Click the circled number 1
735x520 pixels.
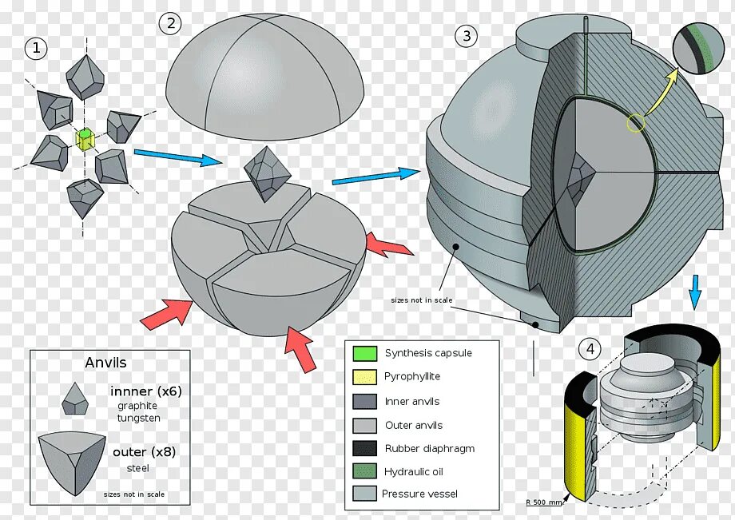35,49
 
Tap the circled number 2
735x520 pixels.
169,23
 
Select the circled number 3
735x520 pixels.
467,35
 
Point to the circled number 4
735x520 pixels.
590,349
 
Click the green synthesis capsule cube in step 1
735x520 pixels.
84,138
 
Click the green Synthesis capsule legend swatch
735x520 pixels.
364,353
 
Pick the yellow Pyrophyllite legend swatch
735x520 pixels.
364,377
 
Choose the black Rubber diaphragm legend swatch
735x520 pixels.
364,448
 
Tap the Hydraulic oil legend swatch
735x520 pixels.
364,472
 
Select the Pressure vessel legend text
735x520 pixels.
420,494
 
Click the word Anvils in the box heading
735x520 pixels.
105,363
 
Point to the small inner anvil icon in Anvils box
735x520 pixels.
75,398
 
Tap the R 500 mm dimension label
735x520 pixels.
543,502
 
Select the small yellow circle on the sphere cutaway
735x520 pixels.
636,123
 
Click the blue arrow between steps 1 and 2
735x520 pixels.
177,157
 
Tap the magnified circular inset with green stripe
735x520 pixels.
697,48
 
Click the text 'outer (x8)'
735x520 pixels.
144,452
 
